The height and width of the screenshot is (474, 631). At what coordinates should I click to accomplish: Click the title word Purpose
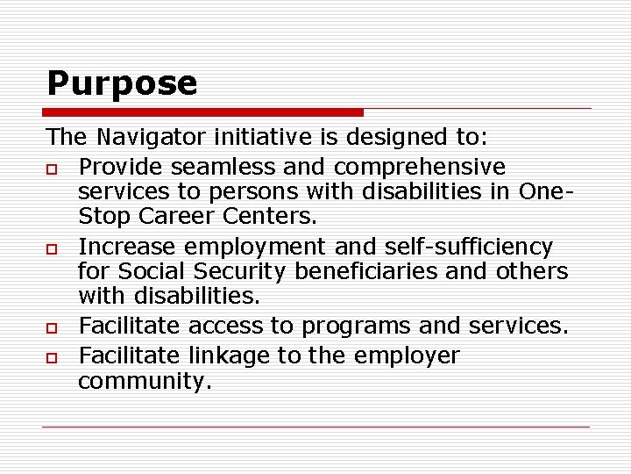pyautogui.click(x=122, y=84)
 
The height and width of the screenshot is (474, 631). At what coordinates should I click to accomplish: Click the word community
pyautogui.click(x=145, y=382)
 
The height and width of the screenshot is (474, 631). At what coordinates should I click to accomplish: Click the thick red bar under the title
pyautogui.click(x=204, y=112)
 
